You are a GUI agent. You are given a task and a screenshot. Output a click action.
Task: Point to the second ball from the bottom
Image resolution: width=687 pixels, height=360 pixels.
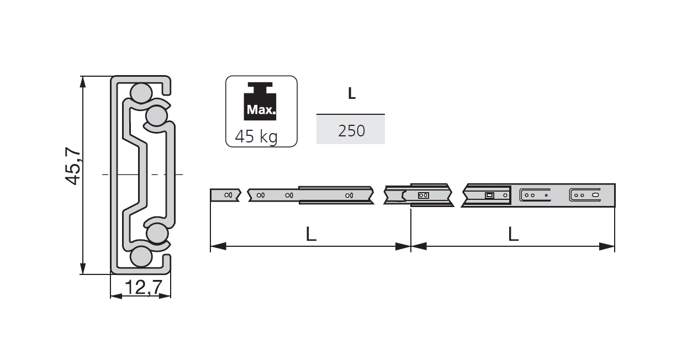tap(157, 233)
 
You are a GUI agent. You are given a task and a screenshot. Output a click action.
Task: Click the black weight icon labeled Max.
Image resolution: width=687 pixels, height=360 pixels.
tap(261, 102)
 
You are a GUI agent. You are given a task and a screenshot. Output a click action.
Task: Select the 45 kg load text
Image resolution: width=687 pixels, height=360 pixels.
tap(256, 136)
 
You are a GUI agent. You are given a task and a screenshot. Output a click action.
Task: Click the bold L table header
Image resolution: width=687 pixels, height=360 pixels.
tap(351, 94)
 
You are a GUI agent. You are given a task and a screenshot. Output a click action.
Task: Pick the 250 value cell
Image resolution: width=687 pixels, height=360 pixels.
tap(351, 131)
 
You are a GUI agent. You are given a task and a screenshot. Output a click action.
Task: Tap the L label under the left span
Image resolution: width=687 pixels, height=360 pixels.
tap(311, 234)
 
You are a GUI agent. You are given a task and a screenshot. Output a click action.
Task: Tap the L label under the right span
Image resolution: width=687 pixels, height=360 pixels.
tap(513, 234)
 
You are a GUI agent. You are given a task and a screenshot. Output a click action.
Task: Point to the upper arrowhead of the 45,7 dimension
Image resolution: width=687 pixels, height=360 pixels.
tap(83, 81)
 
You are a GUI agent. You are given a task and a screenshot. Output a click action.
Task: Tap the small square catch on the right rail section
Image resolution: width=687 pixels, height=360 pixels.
tap(489, 195)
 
